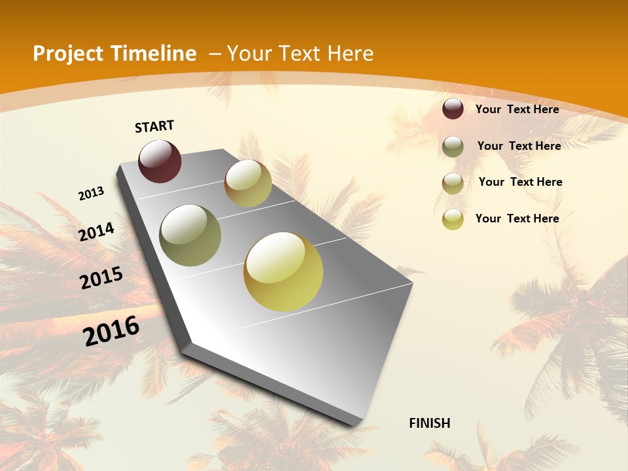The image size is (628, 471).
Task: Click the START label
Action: click(154, 126)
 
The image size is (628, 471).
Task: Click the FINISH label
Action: click(429, 423)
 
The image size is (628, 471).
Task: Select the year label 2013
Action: click(92, 193)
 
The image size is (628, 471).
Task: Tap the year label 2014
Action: click(97, 232)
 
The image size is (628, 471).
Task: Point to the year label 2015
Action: click(101, 278)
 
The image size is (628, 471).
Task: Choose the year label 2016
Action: click(111, 330)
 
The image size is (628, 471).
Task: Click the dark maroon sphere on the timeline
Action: click(160, 161)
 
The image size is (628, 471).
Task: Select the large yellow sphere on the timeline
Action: click(283, 271)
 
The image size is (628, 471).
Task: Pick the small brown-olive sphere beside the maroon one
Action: click(248, 183)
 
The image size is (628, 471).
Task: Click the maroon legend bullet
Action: click(453, 109)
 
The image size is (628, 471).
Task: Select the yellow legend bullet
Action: click(453, 219)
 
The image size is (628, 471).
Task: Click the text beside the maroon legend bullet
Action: click(517, 109)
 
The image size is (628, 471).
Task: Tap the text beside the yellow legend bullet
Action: click(517, 218)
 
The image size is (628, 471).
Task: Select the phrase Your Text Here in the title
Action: click(300, 54)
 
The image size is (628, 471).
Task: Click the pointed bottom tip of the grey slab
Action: click(357, 424)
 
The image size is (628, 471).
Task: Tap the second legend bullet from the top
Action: click(453, 147)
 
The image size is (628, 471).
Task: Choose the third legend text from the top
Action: click(520, 182)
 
